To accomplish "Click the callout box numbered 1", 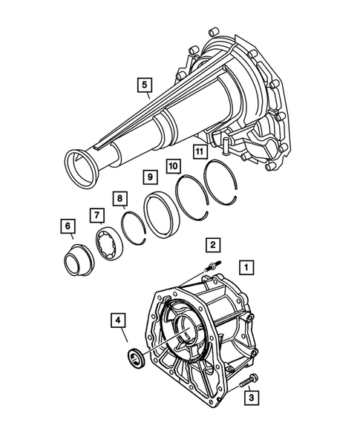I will pos(246,265).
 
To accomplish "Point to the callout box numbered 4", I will pos(118,321).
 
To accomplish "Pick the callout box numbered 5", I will pos(143,85).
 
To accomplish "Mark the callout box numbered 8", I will pos(119,198).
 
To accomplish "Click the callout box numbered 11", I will pos(198,152).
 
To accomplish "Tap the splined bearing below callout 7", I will pos(107,244).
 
